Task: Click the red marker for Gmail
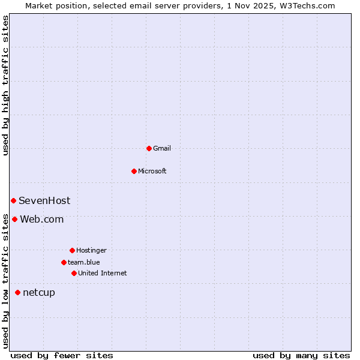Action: [x=149, y=148]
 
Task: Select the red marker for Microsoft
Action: [x=134, y=171]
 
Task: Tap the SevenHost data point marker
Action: [x=13, y=200]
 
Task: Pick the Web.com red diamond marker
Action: [x=14, y=219]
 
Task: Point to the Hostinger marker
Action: [x=72, y=250]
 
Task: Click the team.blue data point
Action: [x=64, y=262]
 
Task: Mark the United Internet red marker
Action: [x=74, y=273]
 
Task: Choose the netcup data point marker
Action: [x=17, y=292]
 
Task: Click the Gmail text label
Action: [x=162, y=148]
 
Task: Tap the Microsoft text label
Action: [x=152, y=171]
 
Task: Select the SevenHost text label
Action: [x=44, y=200]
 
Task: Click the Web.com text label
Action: [x=42, y=219]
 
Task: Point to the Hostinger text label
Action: [x=91, y=250]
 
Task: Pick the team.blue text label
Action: [x=84, y=262]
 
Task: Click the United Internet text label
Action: [x=103, y=273]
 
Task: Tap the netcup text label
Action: [x=39, y=292]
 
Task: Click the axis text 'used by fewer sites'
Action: [x=62, y=355]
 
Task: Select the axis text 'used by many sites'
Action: [x=301, y=355]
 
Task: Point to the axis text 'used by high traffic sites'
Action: [x=5, y=85]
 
